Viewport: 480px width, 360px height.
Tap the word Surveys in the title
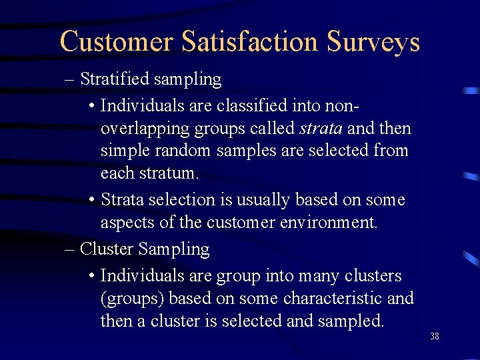(x=373, y=41)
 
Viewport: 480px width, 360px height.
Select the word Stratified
(x=115, y=79)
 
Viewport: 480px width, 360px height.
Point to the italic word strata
(x=320, y=128)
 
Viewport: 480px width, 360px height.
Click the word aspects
(x=127, y=223)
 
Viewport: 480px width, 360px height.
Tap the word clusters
(x=376, y=276)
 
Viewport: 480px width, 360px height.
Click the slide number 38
(x=435, y=337)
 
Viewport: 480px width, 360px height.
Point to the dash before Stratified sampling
(x=70, y=79)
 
